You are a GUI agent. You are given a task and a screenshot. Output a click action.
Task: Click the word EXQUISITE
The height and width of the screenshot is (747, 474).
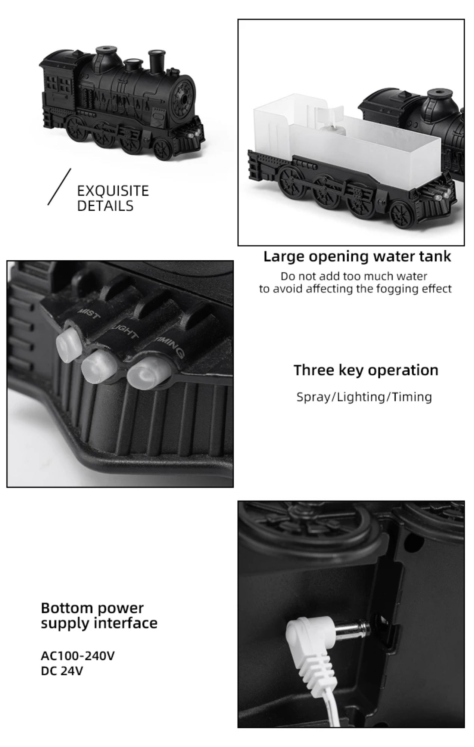(x=113, y=191)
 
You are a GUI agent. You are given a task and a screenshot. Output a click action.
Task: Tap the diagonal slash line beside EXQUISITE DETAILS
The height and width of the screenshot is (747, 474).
(x=59, y=187)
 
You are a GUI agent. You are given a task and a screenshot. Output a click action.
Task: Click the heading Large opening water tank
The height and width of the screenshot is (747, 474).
(x=357, y=257)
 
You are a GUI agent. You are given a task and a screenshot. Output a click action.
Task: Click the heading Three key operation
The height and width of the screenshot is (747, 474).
(x=366, y=370)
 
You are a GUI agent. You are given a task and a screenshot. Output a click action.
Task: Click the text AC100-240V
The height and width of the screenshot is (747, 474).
(x=78, y=655)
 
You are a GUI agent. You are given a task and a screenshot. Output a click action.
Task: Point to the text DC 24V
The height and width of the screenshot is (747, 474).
(x=62, y=671)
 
